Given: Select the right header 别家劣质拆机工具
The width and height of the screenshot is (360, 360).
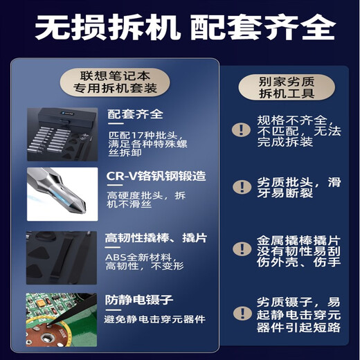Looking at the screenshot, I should pos(287,87).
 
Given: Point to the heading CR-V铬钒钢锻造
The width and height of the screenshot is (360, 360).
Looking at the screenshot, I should pos(156,177).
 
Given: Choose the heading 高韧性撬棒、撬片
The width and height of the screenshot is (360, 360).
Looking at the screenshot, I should pos(156,238).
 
